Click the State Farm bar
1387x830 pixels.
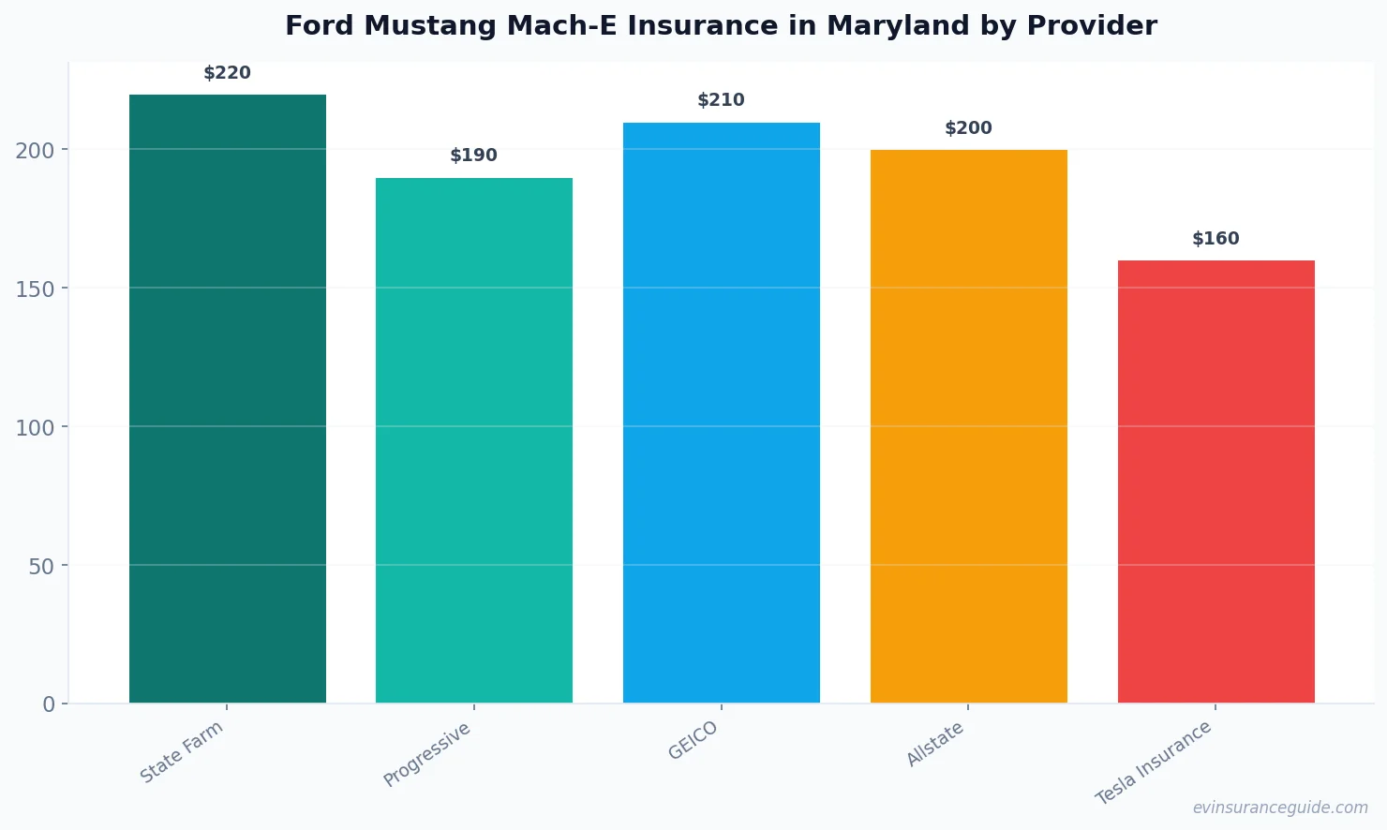tap(228, 398)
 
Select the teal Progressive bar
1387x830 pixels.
tap(474, 440)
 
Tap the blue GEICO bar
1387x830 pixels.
tap(722, 412)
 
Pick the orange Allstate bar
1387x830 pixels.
tap(968, 426)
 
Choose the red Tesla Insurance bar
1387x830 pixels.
tap(1215, 482)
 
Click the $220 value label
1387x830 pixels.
tap(228, 73)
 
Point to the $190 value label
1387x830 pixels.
tap(474, 156)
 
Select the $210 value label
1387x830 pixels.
tap(722, 100)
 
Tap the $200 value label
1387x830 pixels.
tap(968, 128)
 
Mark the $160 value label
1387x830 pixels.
tap(1215, 239)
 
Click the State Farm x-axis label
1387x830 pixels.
tap(182, 752)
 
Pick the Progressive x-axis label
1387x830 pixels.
tap(427, 755)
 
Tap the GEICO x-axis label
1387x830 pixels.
tap(693, 741)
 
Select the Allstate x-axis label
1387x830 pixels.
tap(935, 745)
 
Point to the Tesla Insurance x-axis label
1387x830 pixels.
tap(1154, 763)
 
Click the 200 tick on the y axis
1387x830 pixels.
tap(35, 150)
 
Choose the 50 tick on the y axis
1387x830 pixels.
tap(41, 566)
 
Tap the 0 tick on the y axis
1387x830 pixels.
tap(49, 704)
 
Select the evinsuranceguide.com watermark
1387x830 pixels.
tap(1280, 808)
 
